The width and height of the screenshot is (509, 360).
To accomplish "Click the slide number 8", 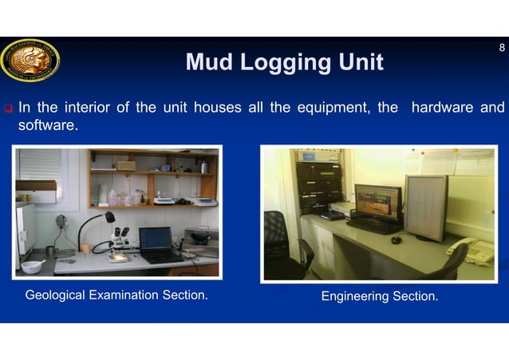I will point(501,48).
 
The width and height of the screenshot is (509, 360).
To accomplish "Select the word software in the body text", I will point(48,125).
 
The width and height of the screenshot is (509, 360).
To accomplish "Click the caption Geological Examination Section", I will point(116,296).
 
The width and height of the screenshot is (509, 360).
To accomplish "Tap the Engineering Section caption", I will point(380,297).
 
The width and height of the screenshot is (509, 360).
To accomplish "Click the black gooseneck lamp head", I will point(109,216).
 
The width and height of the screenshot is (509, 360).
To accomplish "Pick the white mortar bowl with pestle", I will point(34,265).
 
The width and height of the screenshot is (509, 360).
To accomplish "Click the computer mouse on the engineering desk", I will point(396,239).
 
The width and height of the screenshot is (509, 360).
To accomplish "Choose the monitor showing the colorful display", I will point(377,204).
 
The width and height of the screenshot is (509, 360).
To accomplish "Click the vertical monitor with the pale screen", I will point(426,207).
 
